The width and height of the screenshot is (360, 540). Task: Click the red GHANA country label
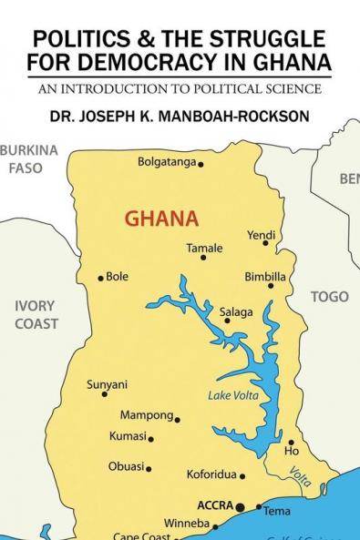pyautogui.click(x=160, y=219)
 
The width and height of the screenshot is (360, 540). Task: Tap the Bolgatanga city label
pyautogui.click(x=167, y=163)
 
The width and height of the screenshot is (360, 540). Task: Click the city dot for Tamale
pyautogui.click(x=203, y=258)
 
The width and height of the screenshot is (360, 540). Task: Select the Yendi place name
pyautogui.click(x=261, y=235)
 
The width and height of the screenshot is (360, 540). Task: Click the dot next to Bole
pyautogui.click(x=100, y=278)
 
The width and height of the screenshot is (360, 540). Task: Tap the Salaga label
pyautogui.click(x=236, y=312)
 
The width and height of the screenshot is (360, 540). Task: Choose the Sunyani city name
pyautogui.click(x=107, y=384)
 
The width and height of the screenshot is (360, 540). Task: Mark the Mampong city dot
pyautogui.click(x=178, y=420)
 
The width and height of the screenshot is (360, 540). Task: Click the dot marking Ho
pyautogui.click(x=291, y=443)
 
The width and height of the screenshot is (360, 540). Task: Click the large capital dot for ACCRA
pyautogui.click(x=241, y=506)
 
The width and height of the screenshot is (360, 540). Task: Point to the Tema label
pyautogui.click(x=277, y=511)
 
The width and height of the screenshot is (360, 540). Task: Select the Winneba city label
pyautogui.click(x=186, y=524)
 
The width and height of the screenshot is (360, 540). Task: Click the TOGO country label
pyautogui.click(x=329, y=297)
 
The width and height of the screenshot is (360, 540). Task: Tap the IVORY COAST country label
pyautogui.click(x=36, y=314)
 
